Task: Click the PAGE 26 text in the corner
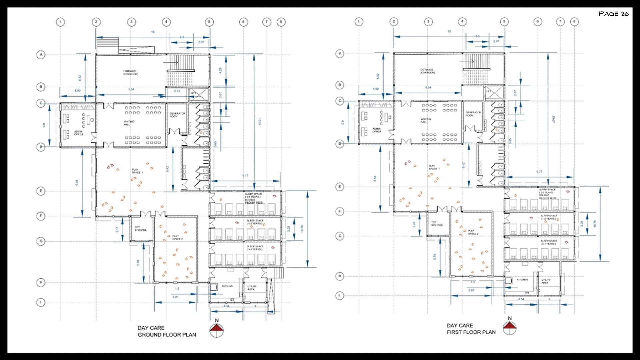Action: pyautogui.click(x=613, y=14)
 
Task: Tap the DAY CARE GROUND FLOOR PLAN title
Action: pyautogui.click(x=167, y=331)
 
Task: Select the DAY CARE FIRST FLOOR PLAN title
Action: pyautogui.click(x=471, y=329)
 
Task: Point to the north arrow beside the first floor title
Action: pyautogui.click(x=510, y=327)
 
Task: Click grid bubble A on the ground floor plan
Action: pyautogui.click(x=41, y=55)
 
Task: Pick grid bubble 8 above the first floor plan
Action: pyautogui.click(x=574, y=22)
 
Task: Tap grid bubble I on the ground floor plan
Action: pyautogui.click(x=41, y=302)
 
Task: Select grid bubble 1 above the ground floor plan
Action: pyautogui.click(x=60, y=22)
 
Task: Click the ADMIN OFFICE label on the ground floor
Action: pyautogui.click(x=79, y=133)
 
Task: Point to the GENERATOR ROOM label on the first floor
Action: pyautogui.click(x=469, y=114)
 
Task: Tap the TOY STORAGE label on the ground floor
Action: pyautogui.click(x=140, y=229)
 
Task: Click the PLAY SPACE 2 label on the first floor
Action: pyautogui.click(x=473, y=232)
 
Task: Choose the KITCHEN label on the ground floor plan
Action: pyautogui.click(x=227, y=286)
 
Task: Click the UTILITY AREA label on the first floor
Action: pyautogui.click(x=545, y=281)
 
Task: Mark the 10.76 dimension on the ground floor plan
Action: pyautogui.click(x=302, y=229)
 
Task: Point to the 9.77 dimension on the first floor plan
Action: pyautogui.click(x=539, y=172)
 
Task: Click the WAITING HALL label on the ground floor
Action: pyautogui.click(x=129, y=123)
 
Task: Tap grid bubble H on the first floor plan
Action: pyautogui.click(x=340, y=276)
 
